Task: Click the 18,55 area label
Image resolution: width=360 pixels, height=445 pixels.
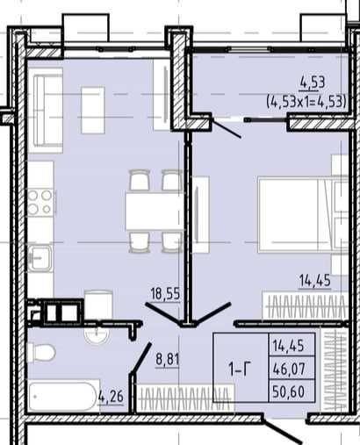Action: pyautogui.click(x=165, y=293)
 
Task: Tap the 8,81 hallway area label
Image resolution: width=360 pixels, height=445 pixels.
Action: pyautogui.click(x=168, y=359)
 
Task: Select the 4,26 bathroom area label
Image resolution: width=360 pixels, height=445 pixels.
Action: pyautogui.click(x=112, y=397)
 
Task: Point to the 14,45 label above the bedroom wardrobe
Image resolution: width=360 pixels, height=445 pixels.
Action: pyautogui.click(x=315, y=280)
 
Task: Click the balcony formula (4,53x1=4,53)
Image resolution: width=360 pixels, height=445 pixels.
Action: pyautogui.click(x=306, y=102)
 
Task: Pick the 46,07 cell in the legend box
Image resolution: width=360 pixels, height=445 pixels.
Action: pyautogui.click(x=289, y=369)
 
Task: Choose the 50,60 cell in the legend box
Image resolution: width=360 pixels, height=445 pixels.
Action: pyautogui.click(x=289, y=391)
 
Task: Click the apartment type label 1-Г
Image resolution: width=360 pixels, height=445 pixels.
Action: pyautogui.click(x=240, y=370)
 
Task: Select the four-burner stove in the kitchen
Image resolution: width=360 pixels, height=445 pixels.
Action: pyautogui.click(x=40, y=202)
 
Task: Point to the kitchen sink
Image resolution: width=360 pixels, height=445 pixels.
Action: pyautogui.click(x=40, y=258)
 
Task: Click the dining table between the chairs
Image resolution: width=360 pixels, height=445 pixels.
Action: pyautogui.click(x=155, y=212)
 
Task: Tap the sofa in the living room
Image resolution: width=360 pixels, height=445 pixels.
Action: pyautogui.click(x=47, y=111)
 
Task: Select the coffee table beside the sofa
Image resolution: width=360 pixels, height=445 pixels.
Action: pyautogui.click(x=93, y=110)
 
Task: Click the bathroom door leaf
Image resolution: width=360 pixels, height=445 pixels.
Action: pyautogui.click(x=141, y=358)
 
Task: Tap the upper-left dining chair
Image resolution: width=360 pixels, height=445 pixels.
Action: pyautogui.click(x=140, y=180)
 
